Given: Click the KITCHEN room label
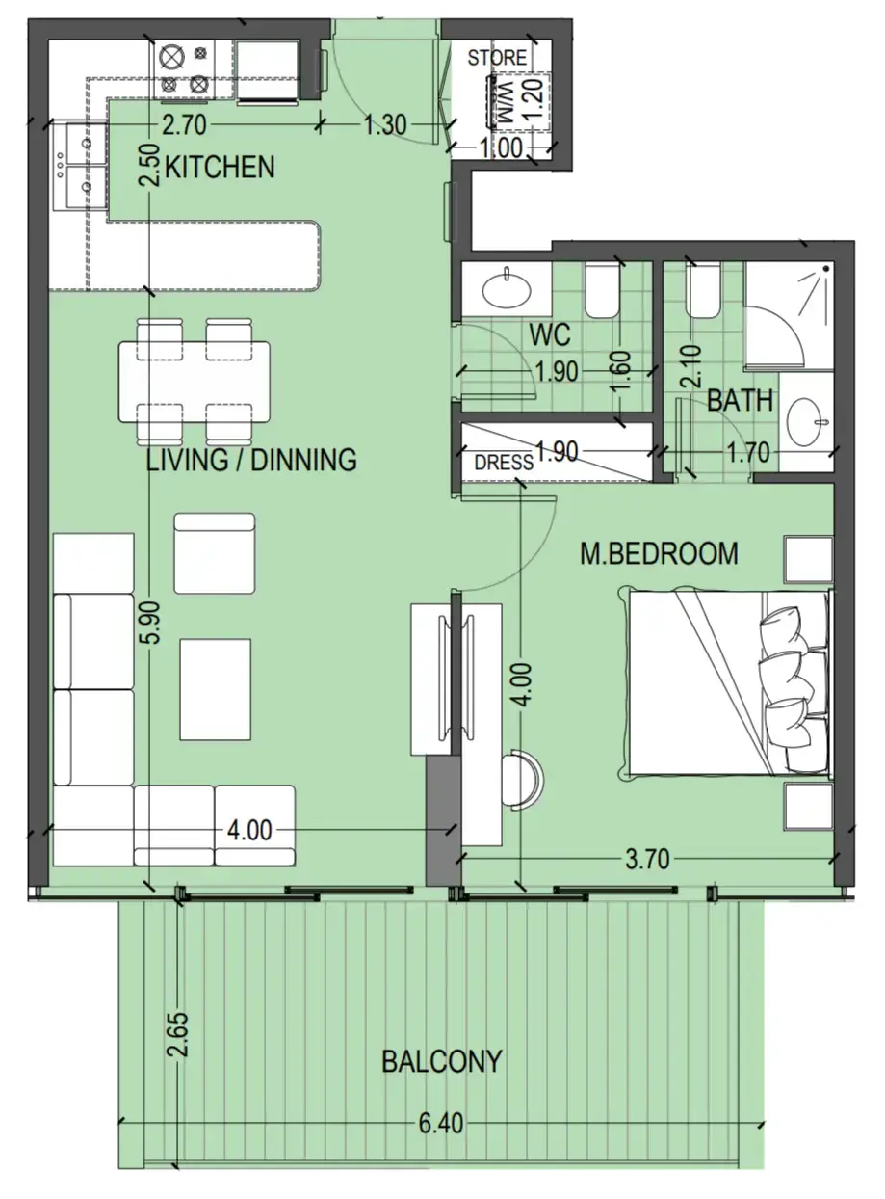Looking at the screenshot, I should (220, 167).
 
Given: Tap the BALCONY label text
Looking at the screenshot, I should (441, 1061).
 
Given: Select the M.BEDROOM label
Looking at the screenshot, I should (659, 553).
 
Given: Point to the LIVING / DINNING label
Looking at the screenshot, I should (250, 460).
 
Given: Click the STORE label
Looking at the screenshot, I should (497, 58).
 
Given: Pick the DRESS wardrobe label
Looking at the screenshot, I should (503, 463).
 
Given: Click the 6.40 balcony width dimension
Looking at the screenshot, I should (441, 1125).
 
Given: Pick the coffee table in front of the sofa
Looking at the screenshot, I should (216, 688).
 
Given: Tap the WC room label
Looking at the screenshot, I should (550, 335).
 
